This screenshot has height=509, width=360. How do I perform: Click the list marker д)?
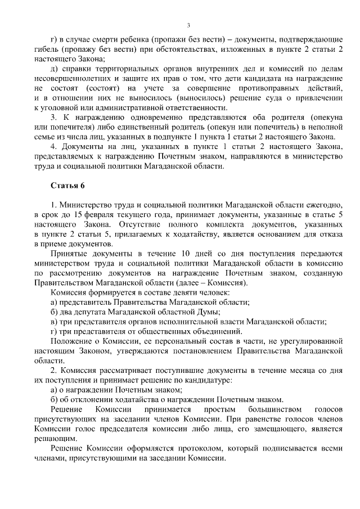tap(55, 69)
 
